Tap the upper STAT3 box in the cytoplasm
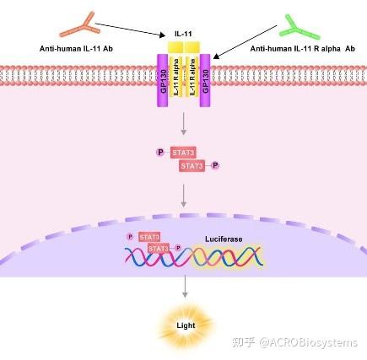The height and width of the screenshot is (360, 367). (x=182, y=153)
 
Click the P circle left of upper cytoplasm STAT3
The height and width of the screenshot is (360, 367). (x=160, y=153)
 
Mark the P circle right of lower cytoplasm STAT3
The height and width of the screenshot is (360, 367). (x=215, y=166)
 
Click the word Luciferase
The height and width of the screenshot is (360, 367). (x=224, y=239)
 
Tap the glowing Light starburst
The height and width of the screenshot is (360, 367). (x=184, y=325)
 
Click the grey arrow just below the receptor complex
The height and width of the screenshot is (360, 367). (x=184, y=126)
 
